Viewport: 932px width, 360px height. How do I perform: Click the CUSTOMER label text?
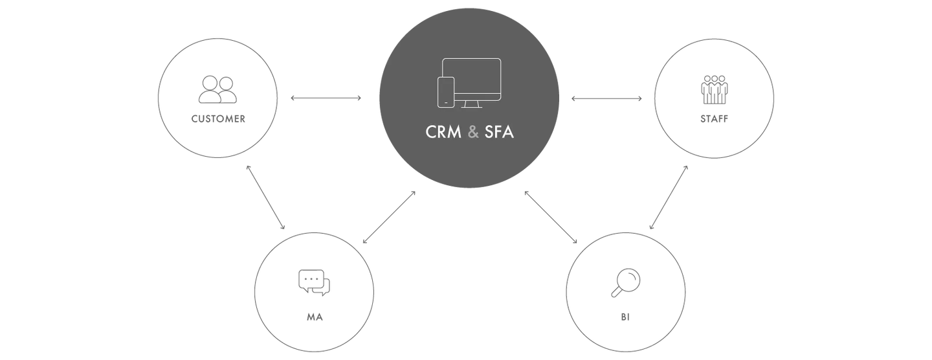218,119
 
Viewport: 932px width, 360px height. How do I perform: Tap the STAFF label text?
714,119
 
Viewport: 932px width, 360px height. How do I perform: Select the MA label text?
315,317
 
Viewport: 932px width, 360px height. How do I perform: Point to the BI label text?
625,317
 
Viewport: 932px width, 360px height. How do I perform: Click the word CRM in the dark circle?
443,132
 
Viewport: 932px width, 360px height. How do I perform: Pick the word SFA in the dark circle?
499,132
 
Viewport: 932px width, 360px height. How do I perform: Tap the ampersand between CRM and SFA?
473,132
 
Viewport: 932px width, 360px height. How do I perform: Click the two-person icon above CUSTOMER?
217,89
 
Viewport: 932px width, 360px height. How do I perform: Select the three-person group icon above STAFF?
715,90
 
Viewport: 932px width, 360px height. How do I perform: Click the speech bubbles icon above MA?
314,283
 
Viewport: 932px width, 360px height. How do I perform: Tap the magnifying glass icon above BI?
625,282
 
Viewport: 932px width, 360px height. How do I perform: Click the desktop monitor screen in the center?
471,79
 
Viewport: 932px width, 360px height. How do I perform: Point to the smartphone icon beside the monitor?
445,92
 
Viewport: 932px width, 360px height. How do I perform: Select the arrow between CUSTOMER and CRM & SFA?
326,98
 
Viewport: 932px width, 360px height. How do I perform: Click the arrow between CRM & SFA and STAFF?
606,98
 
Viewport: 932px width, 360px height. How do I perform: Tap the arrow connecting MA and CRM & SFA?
389,218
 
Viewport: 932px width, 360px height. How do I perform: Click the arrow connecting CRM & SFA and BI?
551,217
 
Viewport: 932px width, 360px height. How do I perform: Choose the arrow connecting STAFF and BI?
669,197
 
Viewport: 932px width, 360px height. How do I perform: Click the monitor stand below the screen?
471,104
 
